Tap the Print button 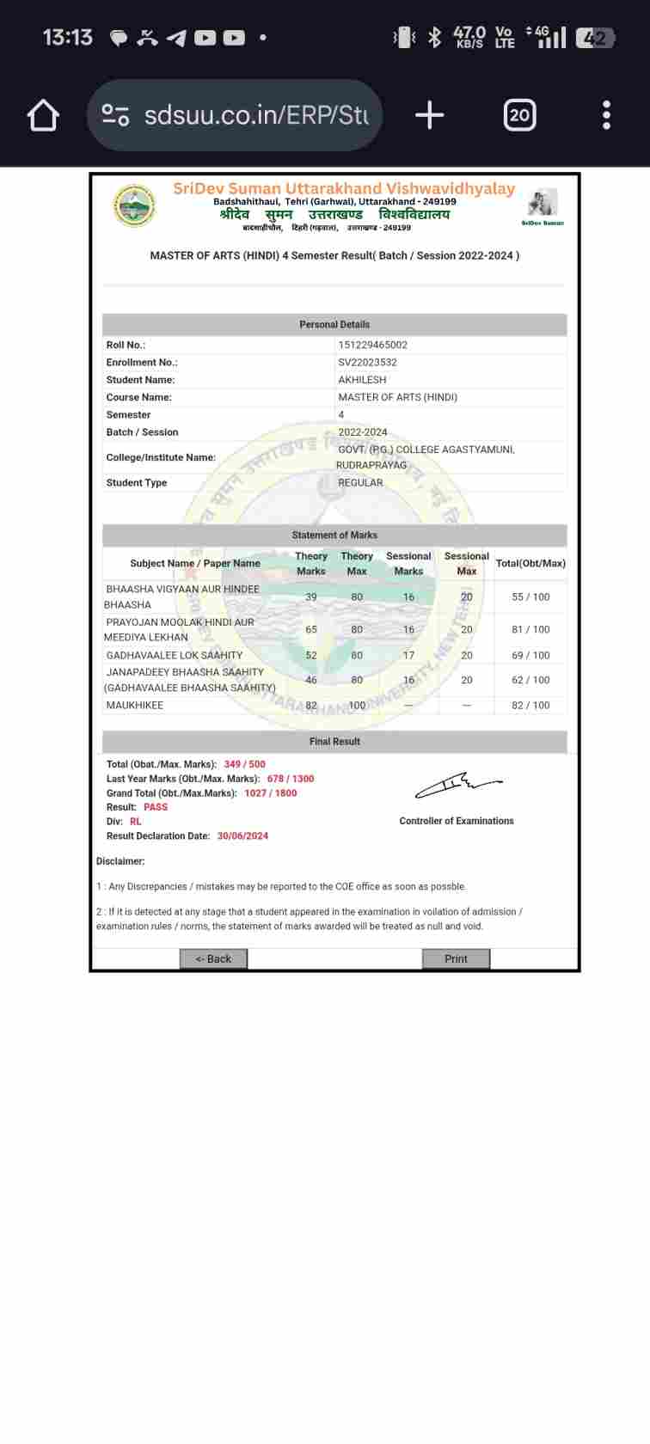point(456,958)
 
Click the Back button point(213,958)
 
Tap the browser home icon point(43,115)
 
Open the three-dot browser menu point(606,115)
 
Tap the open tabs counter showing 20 point(519,115)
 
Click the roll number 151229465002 point(372,345)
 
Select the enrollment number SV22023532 point(367,363)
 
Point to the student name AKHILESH point(362,380)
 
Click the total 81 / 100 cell point(530,629)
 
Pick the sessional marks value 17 point(408,655)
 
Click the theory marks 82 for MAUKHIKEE point(311,706)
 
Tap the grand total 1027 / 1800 point(270,793)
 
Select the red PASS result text point(156,807)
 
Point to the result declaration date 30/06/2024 point(242,836)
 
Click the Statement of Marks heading point(334,535)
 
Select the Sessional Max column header point(466,564)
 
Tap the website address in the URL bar point(255,115)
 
